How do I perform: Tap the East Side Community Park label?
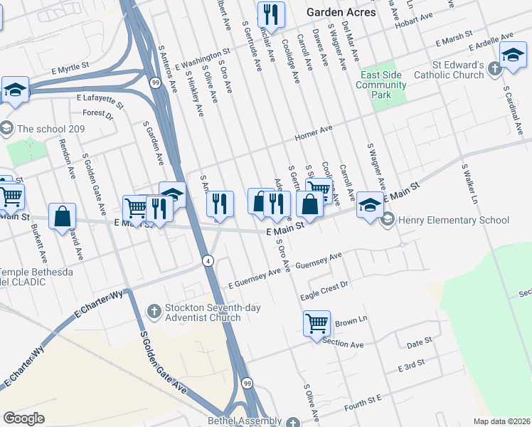(x=383, y=85)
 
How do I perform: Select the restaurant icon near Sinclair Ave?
(x=270, y=14)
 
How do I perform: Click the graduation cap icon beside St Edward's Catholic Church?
(x=512, y=55)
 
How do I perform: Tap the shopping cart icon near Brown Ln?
(x=316, y=324)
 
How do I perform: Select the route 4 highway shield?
(x=208, y=260)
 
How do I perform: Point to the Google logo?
(x=23, y=418)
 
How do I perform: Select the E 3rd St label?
(x=410, y=367)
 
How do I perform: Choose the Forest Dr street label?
(x=97, y=112)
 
